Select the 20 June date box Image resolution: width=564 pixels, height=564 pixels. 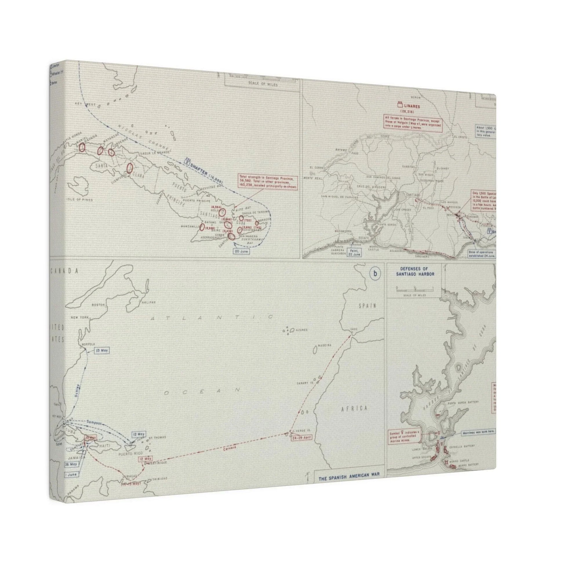point(241,251)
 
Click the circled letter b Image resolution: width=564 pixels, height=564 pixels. point(375,274)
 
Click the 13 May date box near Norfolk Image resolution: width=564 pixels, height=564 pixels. point(102,350)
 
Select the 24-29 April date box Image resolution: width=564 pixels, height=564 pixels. point(301,445)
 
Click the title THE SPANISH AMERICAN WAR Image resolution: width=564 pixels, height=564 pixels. point(349,474)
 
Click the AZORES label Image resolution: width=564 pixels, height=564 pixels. point(301,330)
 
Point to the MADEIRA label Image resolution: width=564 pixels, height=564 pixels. point(325,345)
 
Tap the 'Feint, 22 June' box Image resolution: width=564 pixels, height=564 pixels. point(354,252)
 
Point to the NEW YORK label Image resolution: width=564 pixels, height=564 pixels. point(79,317)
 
